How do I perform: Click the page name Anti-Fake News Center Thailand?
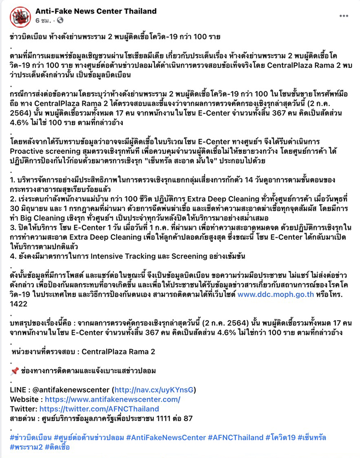point(96,11)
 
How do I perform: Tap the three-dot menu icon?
point(344,15)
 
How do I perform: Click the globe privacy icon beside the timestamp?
point(60,21)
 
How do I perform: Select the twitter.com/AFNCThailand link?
point(99,409)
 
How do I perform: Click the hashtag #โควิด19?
point(281,437)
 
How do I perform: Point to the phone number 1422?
point(18,304)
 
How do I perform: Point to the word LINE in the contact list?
point(18,389)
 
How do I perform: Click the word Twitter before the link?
point(22,409)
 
